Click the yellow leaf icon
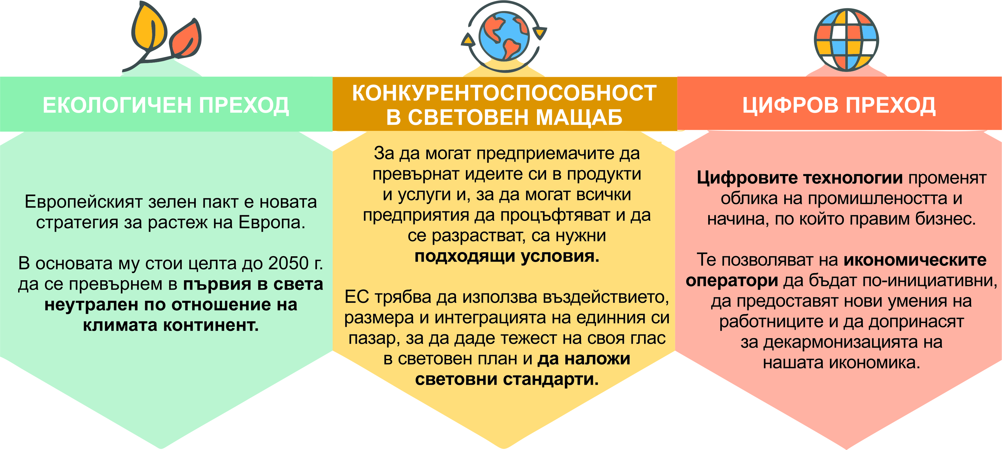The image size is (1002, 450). [x=149, y=26]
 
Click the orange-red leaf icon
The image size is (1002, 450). [x=186, y=39]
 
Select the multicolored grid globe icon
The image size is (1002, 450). [x=846, y=40]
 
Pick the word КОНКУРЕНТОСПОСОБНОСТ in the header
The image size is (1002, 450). [x=504, y=93]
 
